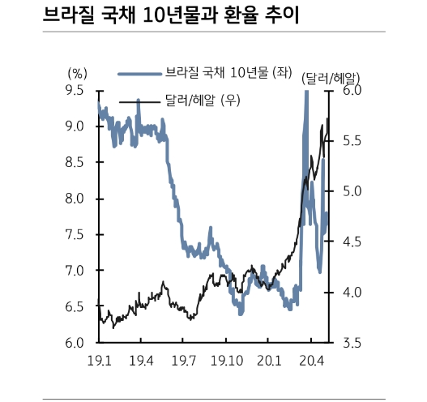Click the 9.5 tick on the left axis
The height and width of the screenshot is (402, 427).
(75, 91)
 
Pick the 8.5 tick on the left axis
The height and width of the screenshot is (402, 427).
(75, 163)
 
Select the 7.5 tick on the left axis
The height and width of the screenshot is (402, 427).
(75, 235)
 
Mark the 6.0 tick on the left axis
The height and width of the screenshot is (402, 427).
(75, 343)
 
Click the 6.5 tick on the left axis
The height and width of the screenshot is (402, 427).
(75, 307)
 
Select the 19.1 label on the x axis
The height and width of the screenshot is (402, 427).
(99, 360)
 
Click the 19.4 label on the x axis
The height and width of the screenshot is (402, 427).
(142, 360)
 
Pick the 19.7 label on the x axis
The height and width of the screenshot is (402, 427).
(185, 360)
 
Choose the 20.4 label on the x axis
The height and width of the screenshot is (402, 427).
(312, 360)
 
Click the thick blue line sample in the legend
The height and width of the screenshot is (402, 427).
(139, 74)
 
